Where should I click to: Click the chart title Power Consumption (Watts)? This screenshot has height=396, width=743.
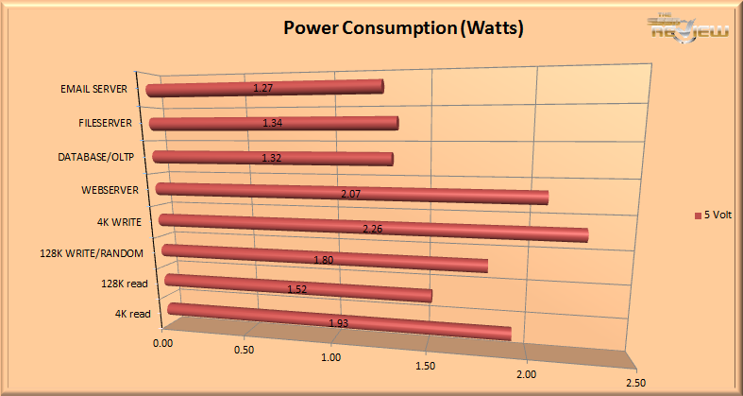(403, 28)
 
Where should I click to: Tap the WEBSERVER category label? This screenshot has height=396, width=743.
(110, 190)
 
